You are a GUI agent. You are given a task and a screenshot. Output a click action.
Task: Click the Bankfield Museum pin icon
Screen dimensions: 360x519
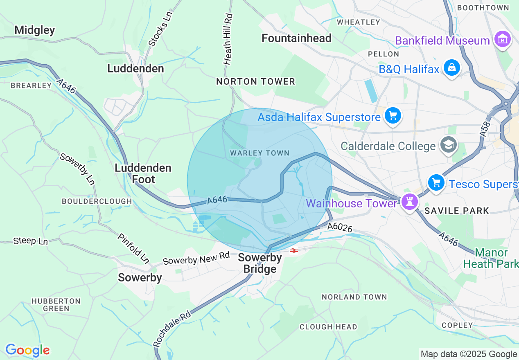point(502,40)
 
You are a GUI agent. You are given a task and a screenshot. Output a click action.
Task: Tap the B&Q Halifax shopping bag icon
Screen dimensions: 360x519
point(452,68)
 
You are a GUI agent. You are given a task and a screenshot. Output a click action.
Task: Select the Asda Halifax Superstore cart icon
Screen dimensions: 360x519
point(393,116)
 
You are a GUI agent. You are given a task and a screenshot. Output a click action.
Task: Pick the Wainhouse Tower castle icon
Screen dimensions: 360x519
point(409,202)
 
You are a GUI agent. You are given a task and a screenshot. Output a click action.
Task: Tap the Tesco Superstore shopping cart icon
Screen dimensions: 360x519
point(436,182)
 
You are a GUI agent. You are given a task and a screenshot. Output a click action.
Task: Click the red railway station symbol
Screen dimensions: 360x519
point(293,250)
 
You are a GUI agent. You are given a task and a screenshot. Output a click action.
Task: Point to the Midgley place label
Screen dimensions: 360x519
point(34,30)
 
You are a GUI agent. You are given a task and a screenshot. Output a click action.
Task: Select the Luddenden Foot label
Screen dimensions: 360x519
point(143,173)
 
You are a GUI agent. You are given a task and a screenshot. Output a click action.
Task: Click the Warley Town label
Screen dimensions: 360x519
point(259,153)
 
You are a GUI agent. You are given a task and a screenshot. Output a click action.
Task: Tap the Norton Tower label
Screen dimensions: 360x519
point(255,82)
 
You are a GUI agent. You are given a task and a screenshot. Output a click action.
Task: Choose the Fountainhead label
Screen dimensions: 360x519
point(296,38)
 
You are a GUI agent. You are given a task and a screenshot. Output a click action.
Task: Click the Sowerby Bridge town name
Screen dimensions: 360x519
point(260,263)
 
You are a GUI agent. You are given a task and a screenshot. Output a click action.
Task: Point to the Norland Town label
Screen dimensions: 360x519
point(354,297)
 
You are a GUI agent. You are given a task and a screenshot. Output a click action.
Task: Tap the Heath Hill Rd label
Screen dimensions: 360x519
point(228,39)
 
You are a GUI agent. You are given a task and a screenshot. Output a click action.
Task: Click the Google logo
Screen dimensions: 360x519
point(27,350)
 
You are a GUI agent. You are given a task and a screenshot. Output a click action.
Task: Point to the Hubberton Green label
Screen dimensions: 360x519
point(56,305)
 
